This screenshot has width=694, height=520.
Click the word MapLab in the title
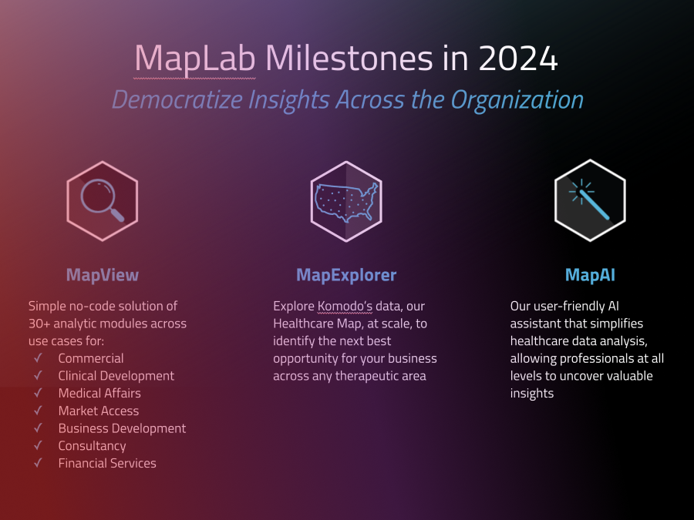195,59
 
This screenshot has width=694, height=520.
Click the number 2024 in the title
518,58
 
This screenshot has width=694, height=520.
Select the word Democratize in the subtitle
177,99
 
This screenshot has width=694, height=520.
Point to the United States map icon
346,201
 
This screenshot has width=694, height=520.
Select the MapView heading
103,275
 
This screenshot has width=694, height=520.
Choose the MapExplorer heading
346,275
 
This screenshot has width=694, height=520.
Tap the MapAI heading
590,275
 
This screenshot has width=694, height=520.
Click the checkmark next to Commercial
39,357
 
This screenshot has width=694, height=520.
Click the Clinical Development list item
116,376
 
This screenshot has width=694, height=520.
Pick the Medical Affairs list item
99,393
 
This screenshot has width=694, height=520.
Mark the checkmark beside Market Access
39,411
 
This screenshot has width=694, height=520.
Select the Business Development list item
122,428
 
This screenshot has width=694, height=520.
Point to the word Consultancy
92,446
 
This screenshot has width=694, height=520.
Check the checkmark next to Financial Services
39,462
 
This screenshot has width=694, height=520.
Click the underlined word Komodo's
345,306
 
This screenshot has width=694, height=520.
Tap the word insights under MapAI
532,394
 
